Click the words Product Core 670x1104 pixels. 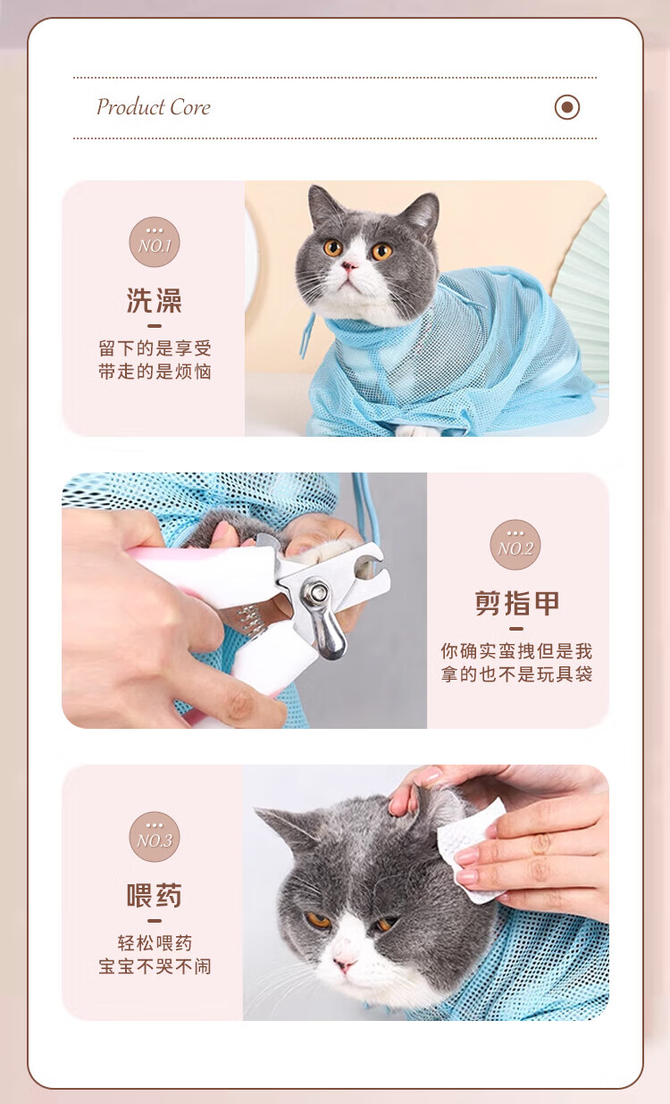[x=154, y=107]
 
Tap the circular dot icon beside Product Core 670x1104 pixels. [x=567, y=107]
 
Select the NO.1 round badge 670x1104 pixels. [x=155, y=242]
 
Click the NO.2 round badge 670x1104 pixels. [x=515, y=545]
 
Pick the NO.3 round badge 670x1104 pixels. [x=155, y=837]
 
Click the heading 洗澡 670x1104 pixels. [x=155, y=300]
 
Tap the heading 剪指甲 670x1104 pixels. [x=516, y=603]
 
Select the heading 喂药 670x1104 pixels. [x=155, y=896]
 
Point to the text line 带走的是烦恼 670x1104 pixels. [x=155, y=371]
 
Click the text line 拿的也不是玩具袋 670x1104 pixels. [x=516, y=673]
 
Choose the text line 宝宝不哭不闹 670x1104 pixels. [x=155, y=966]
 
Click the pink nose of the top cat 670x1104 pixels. [x=349, y=267]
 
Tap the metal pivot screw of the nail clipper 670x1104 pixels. [x=315, y=592]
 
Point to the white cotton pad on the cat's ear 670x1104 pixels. [x=471, y=848]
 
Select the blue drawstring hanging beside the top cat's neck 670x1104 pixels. [x=307, y=335]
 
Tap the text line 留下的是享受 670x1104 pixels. [x=155, y=348]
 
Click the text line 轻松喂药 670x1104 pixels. [x=155, y=943]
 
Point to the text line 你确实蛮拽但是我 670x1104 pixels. [x=516, y=650]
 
